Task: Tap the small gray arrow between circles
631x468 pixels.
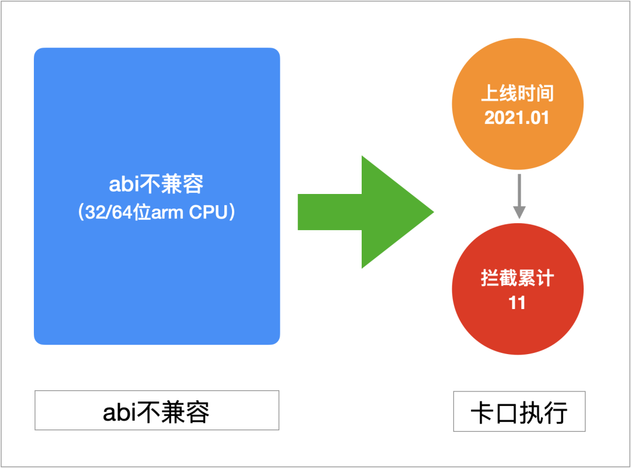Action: (518, 195)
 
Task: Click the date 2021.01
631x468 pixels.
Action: (517, 117)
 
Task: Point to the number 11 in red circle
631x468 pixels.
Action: (517, 303)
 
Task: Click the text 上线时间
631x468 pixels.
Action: (517, 93)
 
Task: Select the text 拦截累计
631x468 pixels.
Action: (517, 279)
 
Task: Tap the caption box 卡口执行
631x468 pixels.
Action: (519, 411)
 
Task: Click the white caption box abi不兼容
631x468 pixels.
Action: (157, 411)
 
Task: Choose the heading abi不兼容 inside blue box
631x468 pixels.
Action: (157, 185)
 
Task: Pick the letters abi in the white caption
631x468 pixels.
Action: (119, 412)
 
